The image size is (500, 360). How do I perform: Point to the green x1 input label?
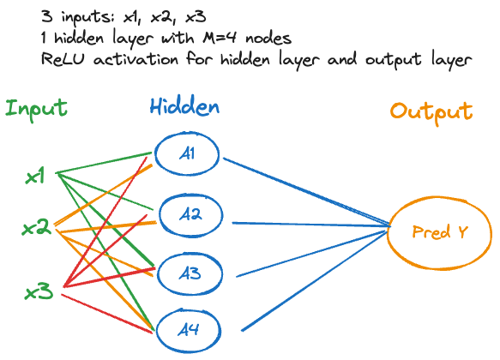coord(35,177)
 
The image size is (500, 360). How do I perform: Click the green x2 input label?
coord(36,228)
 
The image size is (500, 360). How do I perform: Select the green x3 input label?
coord(39,291)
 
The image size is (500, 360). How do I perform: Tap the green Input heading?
coord(36,109)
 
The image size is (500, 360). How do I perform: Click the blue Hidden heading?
coord(184,106)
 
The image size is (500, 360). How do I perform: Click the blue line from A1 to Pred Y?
coord(307,192)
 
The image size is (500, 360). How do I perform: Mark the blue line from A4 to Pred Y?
coord(316,280)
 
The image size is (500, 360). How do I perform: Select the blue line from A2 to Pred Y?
coord(311,225)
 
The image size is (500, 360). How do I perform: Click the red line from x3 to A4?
coord(107,314)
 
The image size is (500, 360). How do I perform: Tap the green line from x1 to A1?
coord(104,163)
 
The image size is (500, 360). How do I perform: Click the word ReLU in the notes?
coord(63,59)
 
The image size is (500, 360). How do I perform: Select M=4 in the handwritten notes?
coord(220,38)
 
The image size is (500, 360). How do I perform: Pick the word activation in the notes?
coord(136,59)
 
